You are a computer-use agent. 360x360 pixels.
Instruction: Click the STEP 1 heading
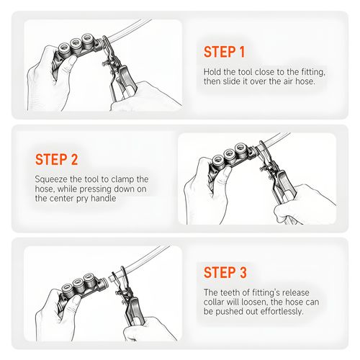point(224,52)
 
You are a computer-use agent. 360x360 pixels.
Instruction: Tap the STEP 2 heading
point(57,159)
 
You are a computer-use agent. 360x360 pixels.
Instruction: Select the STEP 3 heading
point(225,272)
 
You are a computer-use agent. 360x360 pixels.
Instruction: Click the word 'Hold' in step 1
point(212,72)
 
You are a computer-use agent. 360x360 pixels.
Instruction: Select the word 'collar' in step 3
point(214,302)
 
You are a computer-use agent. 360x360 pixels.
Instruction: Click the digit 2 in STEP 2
point(74,159)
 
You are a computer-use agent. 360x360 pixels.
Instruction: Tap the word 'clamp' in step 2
point(122,179)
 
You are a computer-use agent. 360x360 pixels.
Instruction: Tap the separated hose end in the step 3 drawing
point(112,278)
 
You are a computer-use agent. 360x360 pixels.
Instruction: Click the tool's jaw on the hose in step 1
point(107,45)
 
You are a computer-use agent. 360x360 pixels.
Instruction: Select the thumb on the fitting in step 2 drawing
point(226,174)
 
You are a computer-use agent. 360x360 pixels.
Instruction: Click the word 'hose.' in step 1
point(305,81)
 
